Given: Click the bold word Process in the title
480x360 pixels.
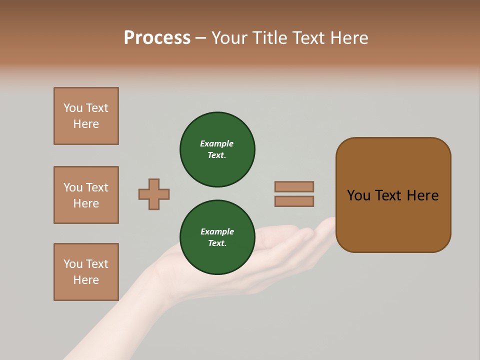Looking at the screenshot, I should [x=157, y=38].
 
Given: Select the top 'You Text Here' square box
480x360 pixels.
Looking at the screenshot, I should [x=86, y=116].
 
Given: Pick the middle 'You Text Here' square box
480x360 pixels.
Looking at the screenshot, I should [x=86, y=195].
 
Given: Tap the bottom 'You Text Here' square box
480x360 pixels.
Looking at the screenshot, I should [x=86, y=272].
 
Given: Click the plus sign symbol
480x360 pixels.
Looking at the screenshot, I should [x=154, y=194].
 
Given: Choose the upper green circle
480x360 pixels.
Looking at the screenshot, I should [x=217, y=149].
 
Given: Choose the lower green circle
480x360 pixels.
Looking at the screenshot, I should [x=217, y=237].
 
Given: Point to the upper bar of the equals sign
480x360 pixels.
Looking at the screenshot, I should [x=294, y=186].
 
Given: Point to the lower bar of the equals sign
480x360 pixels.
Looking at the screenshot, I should [x=294, y=201].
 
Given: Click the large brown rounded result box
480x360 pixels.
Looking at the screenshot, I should [x=393, y=220].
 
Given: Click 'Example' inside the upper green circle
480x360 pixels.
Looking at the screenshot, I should [x=216, y=144].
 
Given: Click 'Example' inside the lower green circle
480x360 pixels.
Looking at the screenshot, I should [x=217, y=232].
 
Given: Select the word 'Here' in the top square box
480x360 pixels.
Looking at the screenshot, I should [x=86, y=124].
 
